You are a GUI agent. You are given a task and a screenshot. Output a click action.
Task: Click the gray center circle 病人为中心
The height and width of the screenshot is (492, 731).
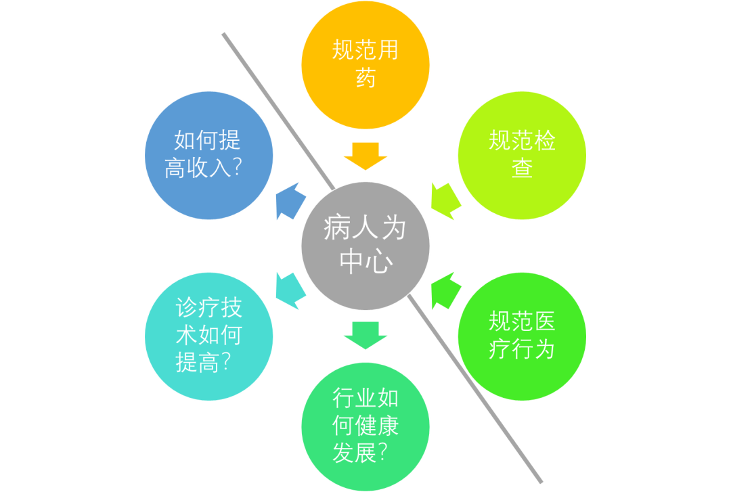[x=365, y=245]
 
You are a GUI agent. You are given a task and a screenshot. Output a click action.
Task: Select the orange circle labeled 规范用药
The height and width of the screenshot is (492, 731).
[x=365, y=65]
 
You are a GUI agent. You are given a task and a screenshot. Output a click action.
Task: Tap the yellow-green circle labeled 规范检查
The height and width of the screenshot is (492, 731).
[x=522, y=155]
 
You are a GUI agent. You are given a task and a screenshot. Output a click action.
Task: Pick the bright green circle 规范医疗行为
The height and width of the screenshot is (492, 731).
[x=522, y=336]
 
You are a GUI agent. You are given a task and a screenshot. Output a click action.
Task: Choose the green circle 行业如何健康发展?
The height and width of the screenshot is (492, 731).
[x=365, y=426]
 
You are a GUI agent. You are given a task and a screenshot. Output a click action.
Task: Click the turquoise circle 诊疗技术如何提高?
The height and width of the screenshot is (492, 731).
[x=209, y=336]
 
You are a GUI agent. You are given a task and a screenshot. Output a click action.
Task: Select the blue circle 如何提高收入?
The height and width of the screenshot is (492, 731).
[x=209, y=155]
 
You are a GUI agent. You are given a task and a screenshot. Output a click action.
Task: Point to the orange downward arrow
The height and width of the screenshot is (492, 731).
[x=365, y=156]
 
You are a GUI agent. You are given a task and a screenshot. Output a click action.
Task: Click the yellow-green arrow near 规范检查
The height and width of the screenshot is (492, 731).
[x=445, y=200]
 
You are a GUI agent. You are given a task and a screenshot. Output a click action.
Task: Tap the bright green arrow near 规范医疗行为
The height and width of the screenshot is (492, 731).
[x=445, y=290]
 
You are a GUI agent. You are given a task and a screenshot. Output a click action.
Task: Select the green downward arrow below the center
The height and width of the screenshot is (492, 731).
[x=365, y=334]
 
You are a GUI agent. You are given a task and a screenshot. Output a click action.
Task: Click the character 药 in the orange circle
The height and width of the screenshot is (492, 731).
[x=365, y=78]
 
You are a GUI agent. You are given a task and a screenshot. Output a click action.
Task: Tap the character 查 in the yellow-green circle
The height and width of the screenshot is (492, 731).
[x=522, y=168]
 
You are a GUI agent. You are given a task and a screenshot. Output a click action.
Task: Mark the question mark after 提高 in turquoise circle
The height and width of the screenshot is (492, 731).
[x=225, y=363]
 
